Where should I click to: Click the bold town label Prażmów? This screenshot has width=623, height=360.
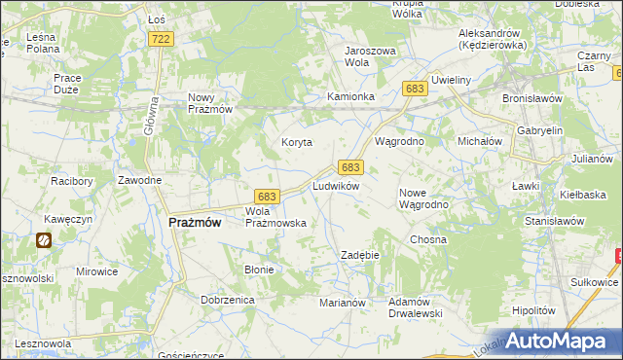pos(195,222)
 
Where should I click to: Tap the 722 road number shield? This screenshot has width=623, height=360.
pos(162,38)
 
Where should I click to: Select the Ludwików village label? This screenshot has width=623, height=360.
pos(336,185)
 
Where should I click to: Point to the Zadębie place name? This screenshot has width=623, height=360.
pos(358,255)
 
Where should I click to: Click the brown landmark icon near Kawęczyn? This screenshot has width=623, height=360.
pos(45,240)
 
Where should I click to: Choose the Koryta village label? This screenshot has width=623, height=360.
pos(297,142)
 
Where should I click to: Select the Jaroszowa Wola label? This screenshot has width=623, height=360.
pos(370,55)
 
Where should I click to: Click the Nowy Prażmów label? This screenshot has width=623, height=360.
pos(209,103)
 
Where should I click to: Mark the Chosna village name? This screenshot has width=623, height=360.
pos(428,239)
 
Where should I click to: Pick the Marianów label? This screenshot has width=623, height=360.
pos(342,303)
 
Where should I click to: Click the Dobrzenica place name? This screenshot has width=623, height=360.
pos(228,300)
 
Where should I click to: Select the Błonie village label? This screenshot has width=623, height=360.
pos(259,270)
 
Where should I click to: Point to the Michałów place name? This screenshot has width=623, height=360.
pos(479,141)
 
